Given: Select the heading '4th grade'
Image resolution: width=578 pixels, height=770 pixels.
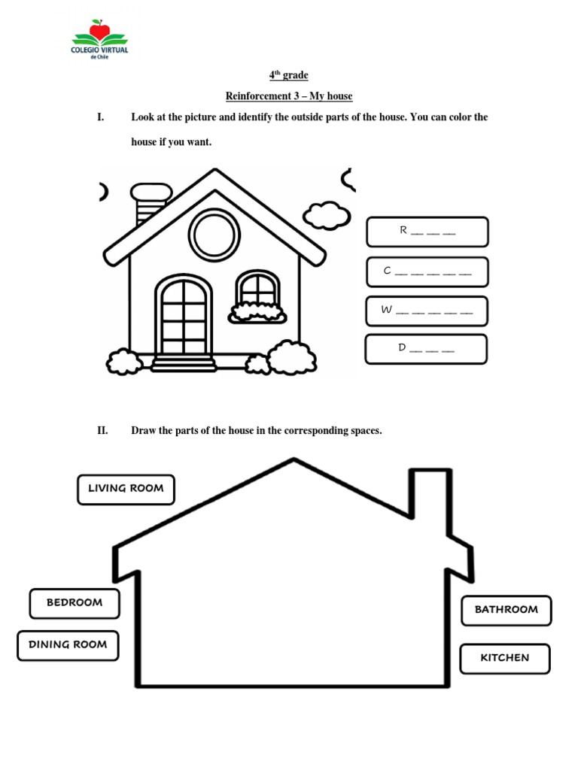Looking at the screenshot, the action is coord(289,75).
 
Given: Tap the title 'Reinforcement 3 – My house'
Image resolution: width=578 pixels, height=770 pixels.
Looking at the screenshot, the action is coord(289,96).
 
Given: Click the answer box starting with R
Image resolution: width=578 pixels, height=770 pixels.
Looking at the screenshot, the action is coord(427,232).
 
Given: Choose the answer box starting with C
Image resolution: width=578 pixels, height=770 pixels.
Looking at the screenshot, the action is coord(427,272).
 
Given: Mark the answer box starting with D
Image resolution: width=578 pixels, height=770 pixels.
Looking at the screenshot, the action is coord(426,349).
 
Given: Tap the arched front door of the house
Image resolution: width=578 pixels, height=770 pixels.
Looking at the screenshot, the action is coord(184,316).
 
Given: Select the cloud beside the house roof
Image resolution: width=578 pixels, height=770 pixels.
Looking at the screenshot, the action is coord(327,215).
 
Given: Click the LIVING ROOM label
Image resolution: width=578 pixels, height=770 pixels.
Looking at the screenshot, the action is coord(126,489).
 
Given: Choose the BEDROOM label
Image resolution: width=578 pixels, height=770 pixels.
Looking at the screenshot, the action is coord(75,603).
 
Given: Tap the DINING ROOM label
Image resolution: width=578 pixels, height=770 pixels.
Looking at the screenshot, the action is coord(68,645).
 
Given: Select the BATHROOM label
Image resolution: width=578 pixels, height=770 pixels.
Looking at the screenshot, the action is coord(507,610).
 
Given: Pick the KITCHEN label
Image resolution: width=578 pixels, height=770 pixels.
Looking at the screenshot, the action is coord(505,658).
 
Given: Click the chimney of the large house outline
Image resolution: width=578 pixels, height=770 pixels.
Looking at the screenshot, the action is coord(430,496).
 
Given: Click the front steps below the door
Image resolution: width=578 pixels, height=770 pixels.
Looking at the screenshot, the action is coord(184,364).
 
